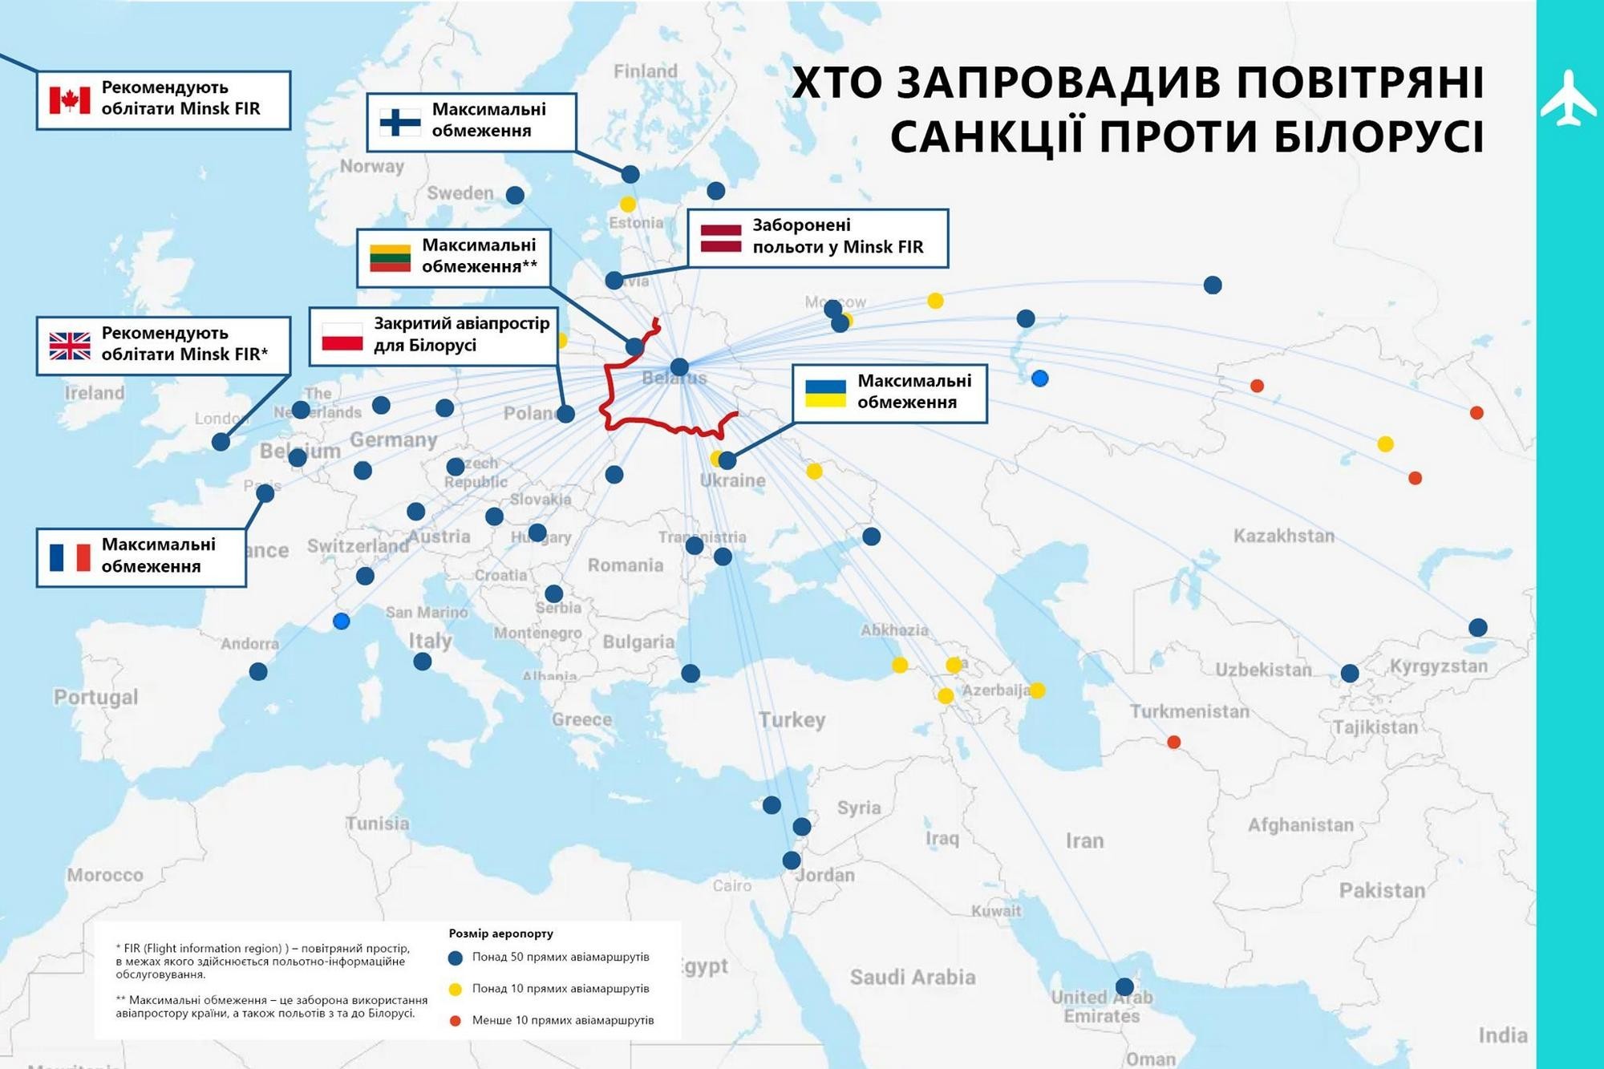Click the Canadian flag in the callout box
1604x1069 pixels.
[x=70, y=100]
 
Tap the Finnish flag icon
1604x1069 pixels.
[x=400, y=122]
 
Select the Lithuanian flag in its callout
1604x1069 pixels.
[x=391, y=257]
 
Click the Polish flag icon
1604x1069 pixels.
[x=342, y=337]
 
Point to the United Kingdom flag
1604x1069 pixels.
[x=70, y=346]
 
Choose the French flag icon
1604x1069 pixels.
[x=70, y=557]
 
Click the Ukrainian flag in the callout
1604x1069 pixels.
[x=825, y=393]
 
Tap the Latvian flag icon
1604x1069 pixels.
[x=721, y=238]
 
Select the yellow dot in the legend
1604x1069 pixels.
[x=456, y=990]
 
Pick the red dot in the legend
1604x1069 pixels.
[x=456, y=1021]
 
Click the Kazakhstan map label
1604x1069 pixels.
[x=1283, y=536]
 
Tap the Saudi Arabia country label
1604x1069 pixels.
[x=912, y=977]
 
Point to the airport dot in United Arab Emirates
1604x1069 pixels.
[x=1124, y=986]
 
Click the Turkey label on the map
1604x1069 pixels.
[x=792, y=719]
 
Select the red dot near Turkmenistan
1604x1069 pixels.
[x=1173, y=742]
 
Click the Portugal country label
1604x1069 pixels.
[x=95, y=697]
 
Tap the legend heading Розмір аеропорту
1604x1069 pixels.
[x=500, y=933]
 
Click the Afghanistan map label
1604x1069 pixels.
[x=1300, y=824]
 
